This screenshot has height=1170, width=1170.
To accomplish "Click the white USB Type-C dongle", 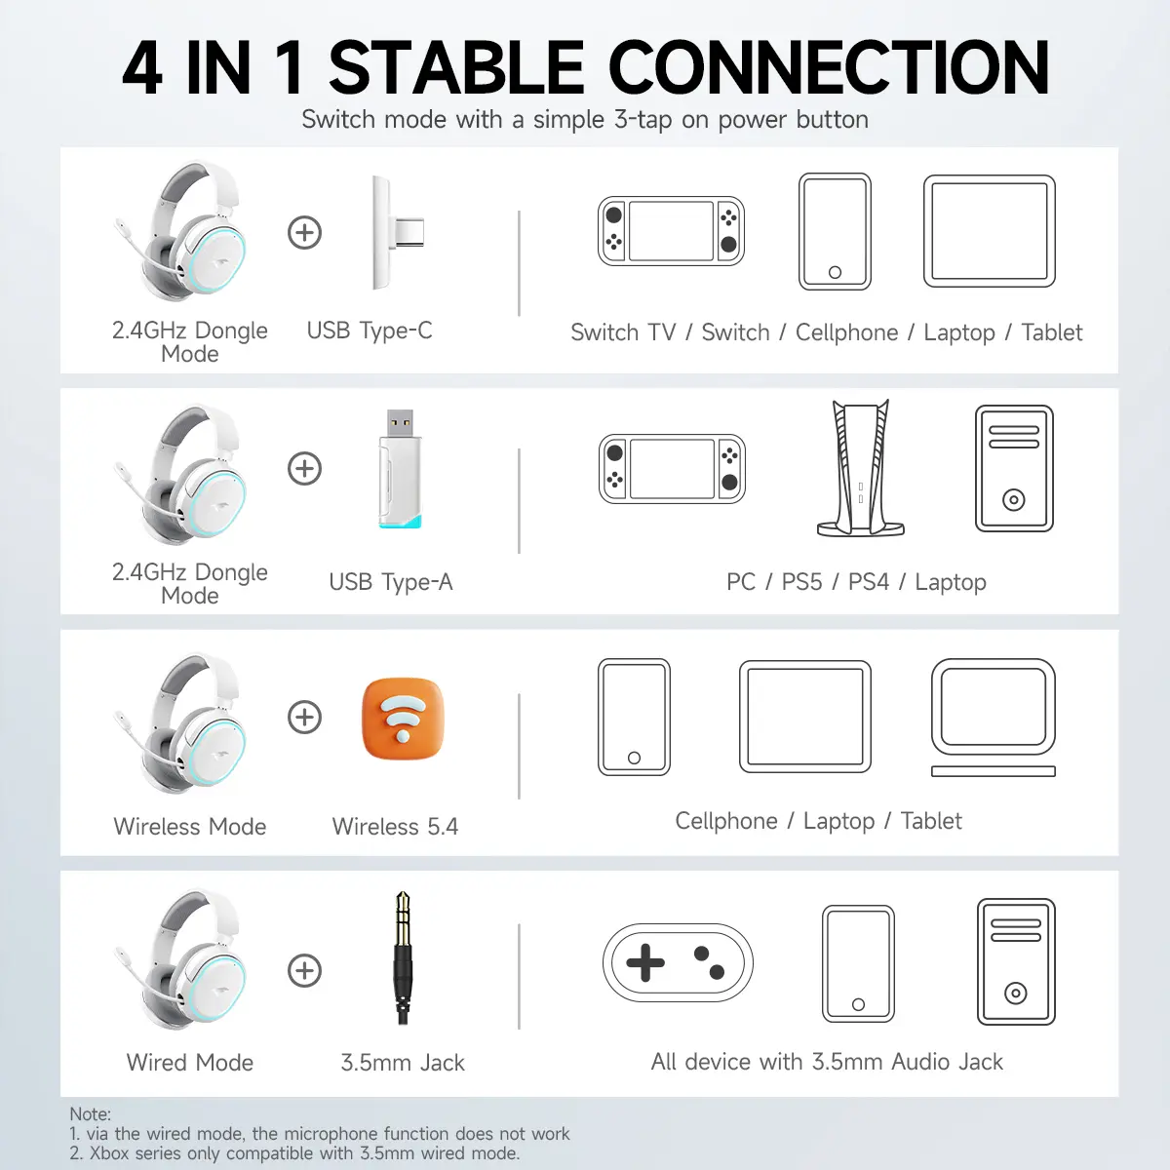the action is (396, 233).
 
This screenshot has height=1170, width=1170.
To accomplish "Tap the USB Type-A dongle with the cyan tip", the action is (400, 468).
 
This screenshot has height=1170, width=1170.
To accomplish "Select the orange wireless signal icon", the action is (403, 718).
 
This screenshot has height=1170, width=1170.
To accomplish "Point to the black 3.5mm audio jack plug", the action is (403, 957).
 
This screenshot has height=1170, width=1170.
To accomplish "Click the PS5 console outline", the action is (861, 468).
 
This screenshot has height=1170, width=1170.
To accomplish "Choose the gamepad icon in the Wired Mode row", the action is (678, 962).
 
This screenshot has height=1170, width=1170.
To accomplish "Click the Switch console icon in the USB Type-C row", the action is (671, 231).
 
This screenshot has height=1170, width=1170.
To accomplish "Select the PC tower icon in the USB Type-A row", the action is (1014, 468).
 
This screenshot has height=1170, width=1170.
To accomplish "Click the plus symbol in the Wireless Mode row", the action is (304, 717).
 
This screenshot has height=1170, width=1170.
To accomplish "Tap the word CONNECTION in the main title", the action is (829, 67).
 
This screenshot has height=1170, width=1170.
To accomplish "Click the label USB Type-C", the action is (370, 331).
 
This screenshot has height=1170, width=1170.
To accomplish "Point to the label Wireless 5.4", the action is (395, 827).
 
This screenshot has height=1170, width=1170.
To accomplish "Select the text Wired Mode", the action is (189, 1063).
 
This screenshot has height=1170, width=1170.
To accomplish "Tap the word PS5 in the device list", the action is (801, 582).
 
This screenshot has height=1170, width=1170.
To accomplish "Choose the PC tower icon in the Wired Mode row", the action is (1016, 961).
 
